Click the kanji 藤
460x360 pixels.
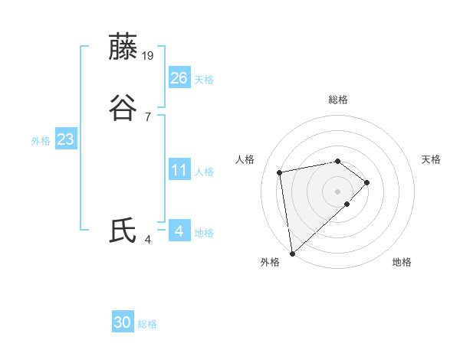123,47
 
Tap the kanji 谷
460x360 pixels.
123,108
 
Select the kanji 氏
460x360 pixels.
123,231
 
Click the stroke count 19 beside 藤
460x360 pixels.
149,56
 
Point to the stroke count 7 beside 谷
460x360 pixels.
147,116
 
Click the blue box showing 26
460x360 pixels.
179,78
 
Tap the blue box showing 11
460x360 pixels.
179,170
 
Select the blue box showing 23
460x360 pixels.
66,140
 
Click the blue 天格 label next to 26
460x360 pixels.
204,80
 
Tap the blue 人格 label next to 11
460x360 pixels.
204,172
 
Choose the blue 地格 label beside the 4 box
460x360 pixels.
204,233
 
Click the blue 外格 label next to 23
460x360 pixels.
41,141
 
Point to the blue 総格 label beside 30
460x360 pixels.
147,325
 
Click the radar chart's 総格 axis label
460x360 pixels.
338,100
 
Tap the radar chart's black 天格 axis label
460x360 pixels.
431,159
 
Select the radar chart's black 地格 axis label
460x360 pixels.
402,262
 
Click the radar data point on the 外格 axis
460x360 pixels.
291,253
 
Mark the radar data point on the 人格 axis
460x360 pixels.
280,171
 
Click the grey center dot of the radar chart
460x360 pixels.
338,190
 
